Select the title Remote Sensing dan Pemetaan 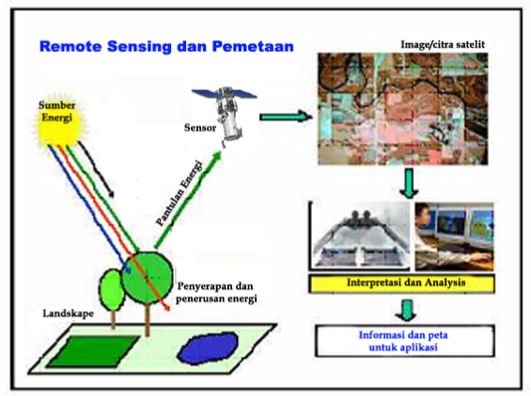click(166, 45)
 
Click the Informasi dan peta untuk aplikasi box click(405, 339)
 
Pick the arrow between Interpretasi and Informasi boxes click(405, 309)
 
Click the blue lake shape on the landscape click(210, 347)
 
